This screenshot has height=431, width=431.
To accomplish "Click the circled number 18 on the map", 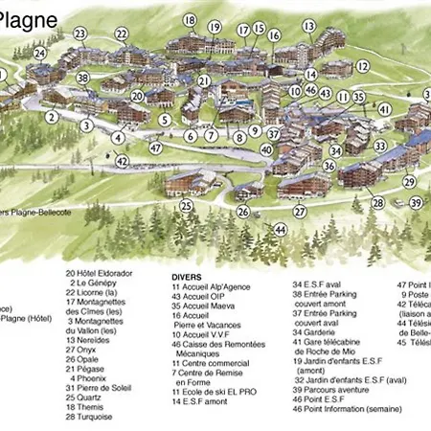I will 190,20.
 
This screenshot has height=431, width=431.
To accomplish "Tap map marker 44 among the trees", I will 280,230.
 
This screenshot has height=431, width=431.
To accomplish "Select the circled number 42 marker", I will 122,162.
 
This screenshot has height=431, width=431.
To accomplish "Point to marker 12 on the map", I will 363,66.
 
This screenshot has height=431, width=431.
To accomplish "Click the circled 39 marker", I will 416,202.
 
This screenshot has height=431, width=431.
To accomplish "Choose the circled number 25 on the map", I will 186,205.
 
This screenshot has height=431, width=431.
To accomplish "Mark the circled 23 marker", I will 79,34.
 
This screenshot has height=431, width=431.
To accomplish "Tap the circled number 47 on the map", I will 156,148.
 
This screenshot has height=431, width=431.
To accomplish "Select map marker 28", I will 378,202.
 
